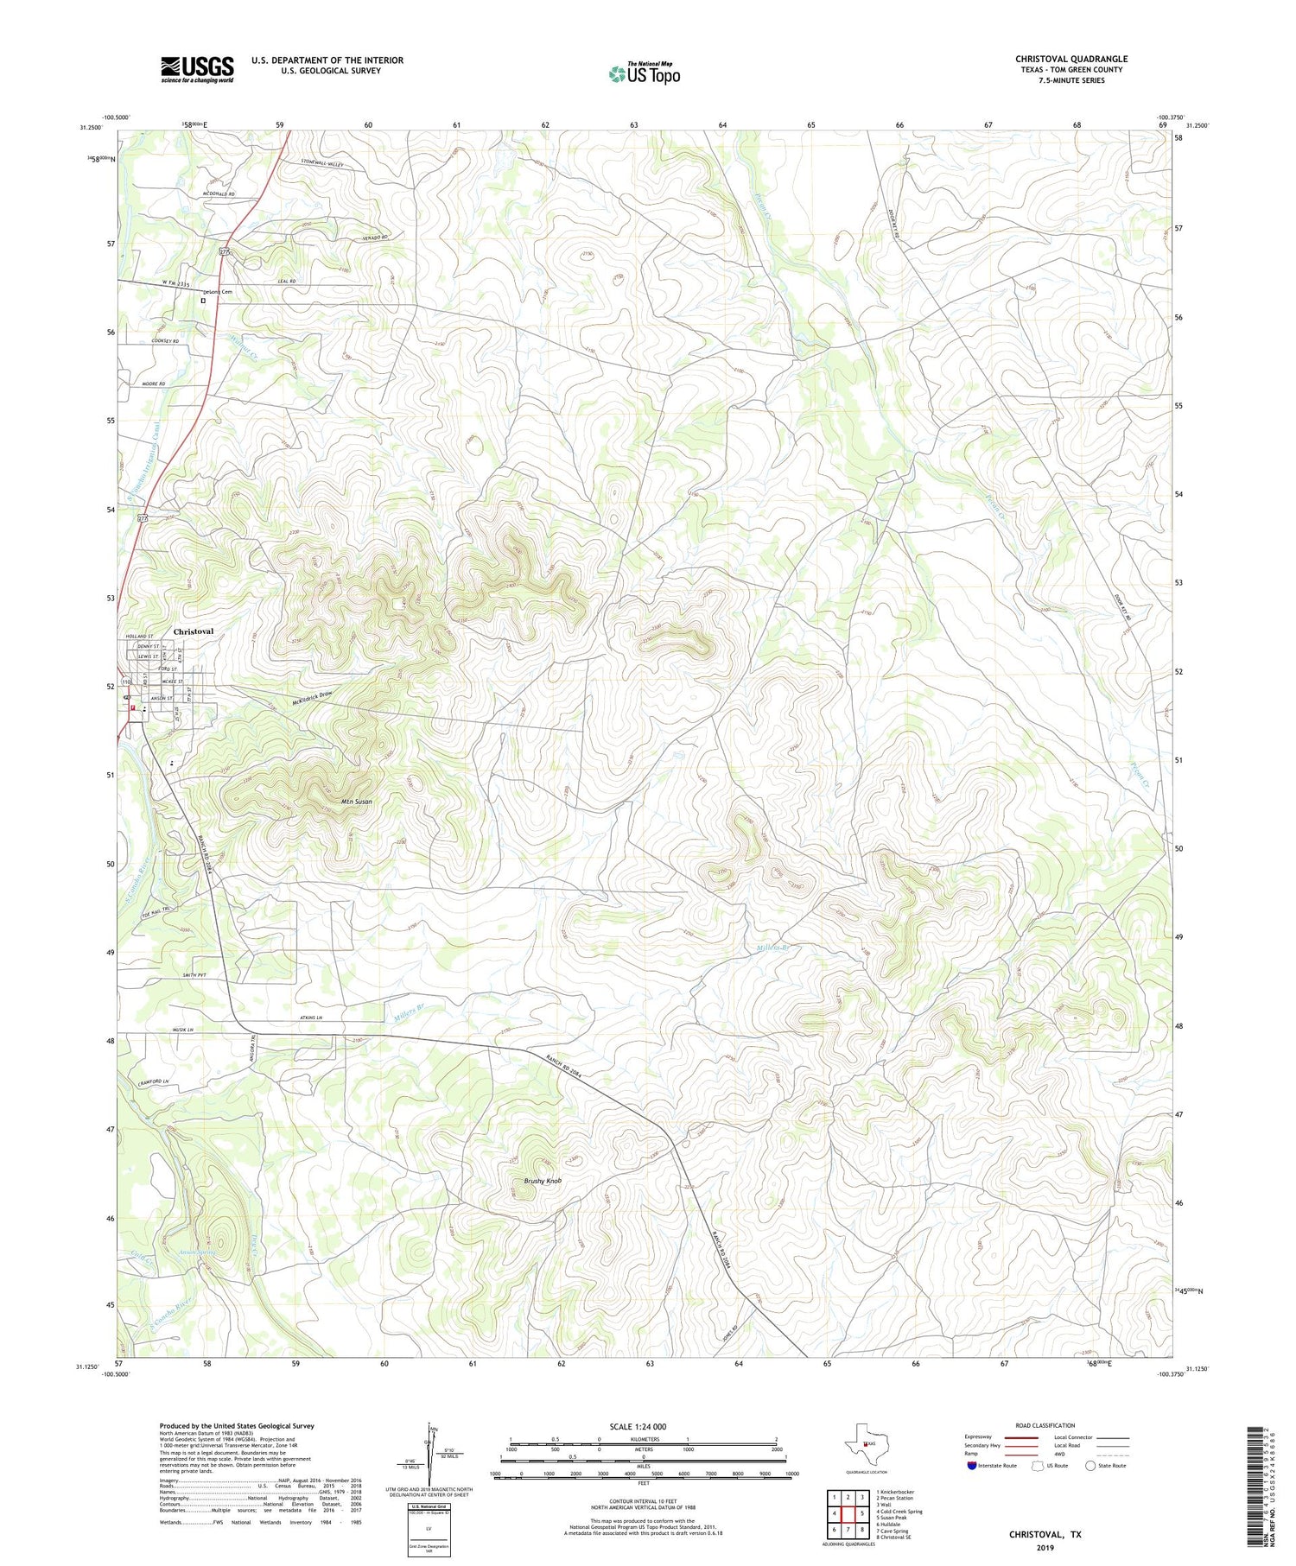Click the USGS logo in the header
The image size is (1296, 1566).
pyautogui.click(x=197, y=69)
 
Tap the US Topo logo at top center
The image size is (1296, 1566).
pyautogui.click(x=644, y=74)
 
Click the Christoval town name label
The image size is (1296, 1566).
pyautogui.click(x=194, y=631)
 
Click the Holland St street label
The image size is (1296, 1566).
pyautogui.click(x=139, y=636)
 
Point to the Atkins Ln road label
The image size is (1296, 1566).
pyautogui.click(x=308, y=1018)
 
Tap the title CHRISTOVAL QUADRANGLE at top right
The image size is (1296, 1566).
pyautogui.click(x=1071, y=59)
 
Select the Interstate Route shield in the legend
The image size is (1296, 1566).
pyautogui.click(x=972, y=1466)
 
